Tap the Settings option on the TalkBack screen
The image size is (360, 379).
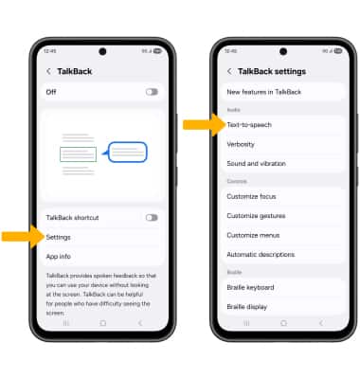click(58, 237)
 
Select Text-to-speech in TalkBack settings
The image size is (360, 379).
click(249, 125)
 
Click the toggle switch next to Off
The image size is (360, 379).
click(152, 92)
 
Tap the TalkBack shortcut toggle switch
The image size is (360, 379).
click(152, 218)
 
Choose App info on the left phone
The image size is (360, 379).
click(58, 257)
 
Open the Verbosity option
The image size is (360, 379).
click(241, 144)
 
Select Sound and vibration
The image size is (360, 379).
click(256, 164)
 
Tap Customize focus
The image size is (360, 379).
click(251, 196)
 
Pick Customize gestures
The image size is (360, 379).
click(256, 216)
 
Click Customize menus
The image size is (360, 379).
click(253, 235)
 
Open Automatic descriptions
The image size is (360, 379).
click(261, 255)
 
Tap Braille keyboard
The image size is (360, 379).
click(250, 288)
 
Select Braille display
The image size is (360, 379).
click(247, 307)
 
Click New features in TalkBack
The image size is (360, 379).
click(264, 92)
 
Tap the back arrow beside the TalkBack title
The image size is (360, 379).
click(48, 71)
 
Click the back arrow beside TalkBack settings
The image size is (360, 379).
click(229, 71)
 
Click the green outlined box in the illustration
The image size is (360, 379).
click(78, 154)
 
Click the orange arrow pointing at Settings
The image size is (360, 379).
click(23, 237)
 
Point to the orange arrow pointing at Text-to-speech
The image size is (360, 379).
click(205, 125)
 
